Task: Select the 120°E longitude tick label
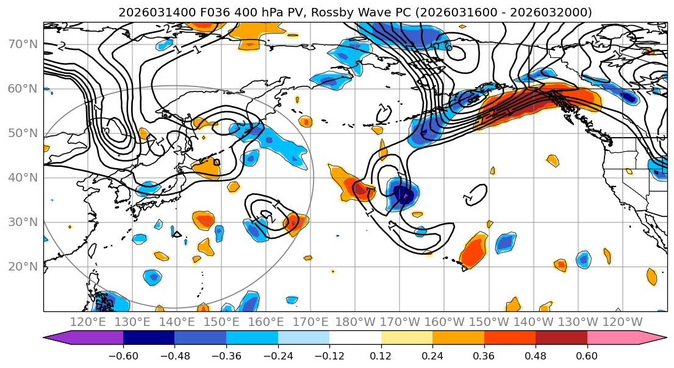[x=88, y=322]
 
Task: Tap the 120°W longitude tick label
[x=622, y=322]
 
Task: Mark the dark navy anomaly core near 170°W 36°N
[x=403, y=195]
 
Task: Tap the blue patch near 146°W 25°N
[x=505, y=242]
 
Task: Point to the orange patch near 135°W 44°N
[x=552, y=160]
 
